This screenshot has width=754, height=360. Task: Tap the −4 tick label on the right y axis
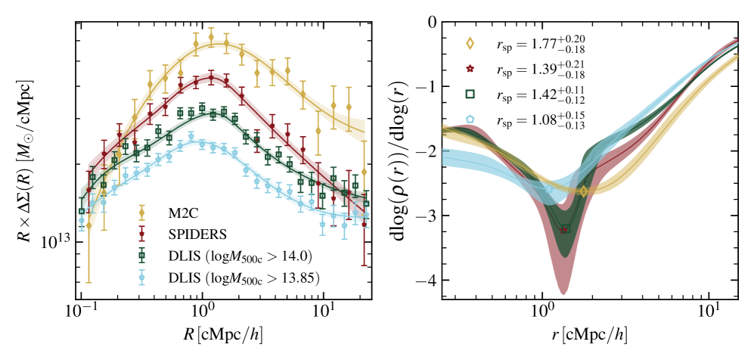428,281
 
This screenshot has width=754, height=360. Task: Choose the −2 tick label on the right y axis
428,151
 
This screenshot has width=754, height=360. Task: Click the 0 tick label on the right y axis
432,22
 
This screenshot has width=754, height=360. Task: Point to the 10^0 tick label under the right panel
541,312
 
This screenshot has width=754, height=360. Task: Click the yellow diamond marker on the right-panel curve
583,191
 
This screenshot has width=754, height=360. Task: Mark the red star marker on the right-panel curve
563,230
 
